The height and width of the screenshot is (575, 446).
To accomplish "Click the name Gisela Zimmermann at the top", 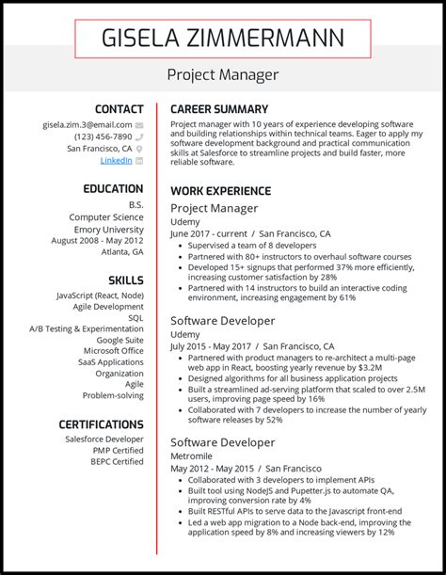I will tap(223, 40).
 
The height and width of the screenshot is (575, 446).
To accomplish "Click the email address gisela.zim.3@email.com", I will tap(87, 124).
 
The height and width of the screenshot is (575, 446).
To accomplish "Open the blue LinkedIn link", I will tap(116, 161).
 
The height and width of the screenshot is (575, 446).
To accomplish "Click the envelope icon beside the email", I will tap(139, 124).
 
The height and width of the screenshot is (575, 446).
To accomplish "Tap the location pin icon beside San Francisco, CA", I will tap(139, 149).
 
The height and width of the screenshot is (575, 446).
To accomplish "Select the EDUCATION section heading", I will tap(113, 189).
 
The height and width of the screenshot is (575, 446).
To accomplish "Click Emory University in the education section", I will tap(109, 229).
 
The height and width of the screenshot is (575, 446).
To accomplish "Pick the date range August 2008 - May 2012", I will tap(97, 240).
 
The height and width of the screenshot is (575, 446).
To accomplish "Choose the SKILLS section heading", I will tap(125, 280).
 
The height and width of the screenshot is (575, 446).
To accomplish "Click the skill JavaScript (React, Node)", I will tap(99, 295).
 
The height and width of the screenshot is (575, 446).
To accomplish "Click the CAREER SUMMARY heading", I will tap(219, 109).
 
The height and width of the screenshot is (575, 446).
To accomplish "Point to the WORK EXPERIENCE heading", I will tap(221, 191).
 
